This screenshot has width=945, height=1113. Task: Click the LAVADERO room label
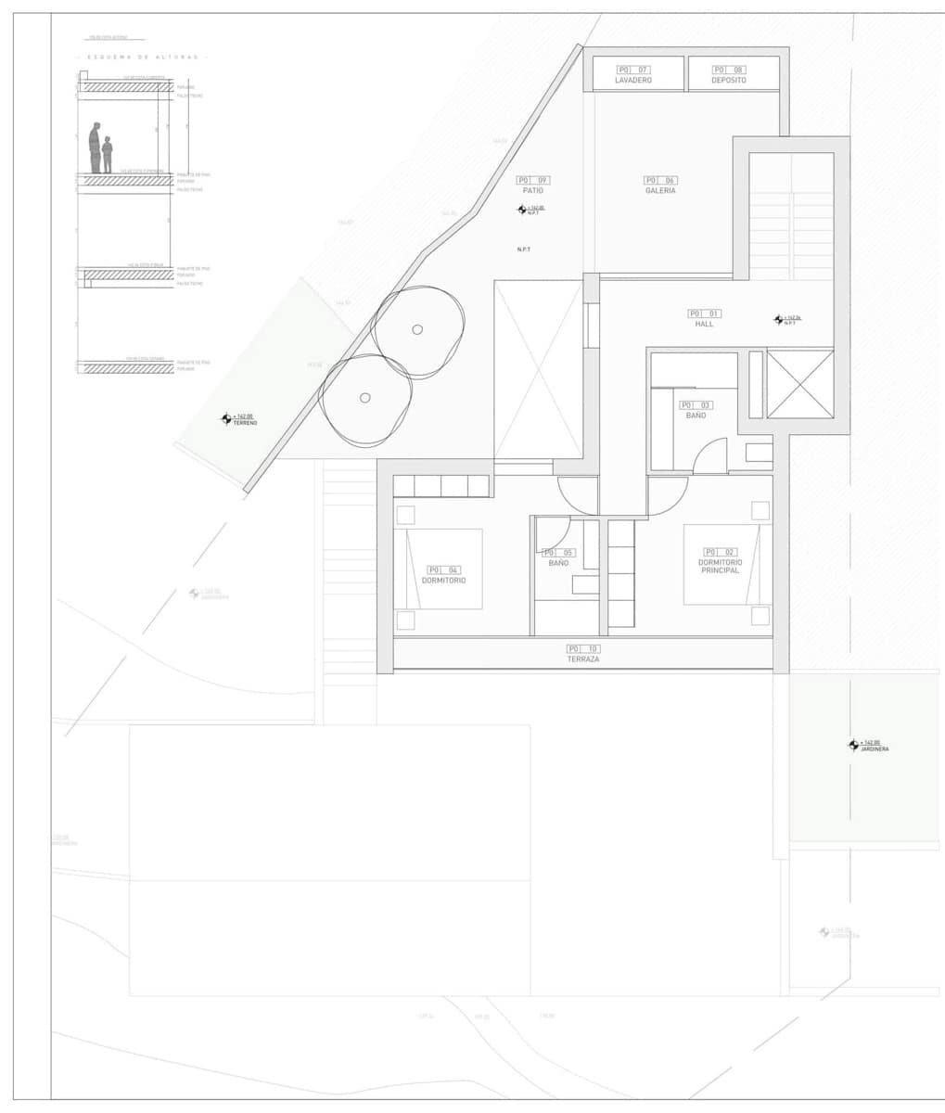coord(633,81)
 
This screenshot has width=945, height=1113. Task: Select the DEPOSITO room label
coord(728,81)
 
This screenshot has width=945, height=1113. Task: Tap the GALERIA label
coord(660,191)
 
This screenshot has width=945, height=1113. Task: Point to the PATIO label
coord(532,191)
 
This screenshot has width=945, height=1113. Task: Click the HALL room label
coord(704,325)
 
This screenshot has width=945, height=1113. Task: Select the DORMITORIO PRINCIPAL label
coord(719,567)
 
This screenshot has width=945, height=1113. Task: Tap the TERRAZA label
coord(583,659)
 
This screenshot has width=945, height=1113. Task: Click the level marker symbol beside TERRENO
coord(225,419)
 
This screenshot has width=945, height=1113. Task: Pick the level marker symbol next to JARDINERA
coord(853,745)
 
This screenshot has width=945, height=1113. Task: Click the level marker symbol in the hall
coord(779,320)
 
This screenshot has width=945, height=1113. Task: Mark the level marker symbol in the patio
coord(522,210)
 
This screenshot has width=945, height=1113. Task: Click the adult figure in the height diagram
coord(95,147)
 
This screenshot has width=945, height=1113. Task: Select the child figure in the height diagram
coord(108,154)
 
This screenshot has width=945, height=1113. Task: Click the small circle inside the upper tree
coord(417,329)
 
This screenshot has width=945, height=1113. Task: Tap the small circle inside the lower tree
coord(365,398)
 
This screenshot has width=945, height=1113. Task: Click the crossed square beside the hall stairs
coord(800,384)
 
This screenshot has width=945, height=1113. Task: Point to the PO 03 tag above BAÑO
coord(696,405)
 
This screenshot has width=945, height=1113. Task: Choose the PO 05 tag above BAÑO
coord(558,553)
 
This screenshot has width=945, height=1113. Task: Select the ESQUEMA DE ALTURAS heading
coord(144,58)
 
